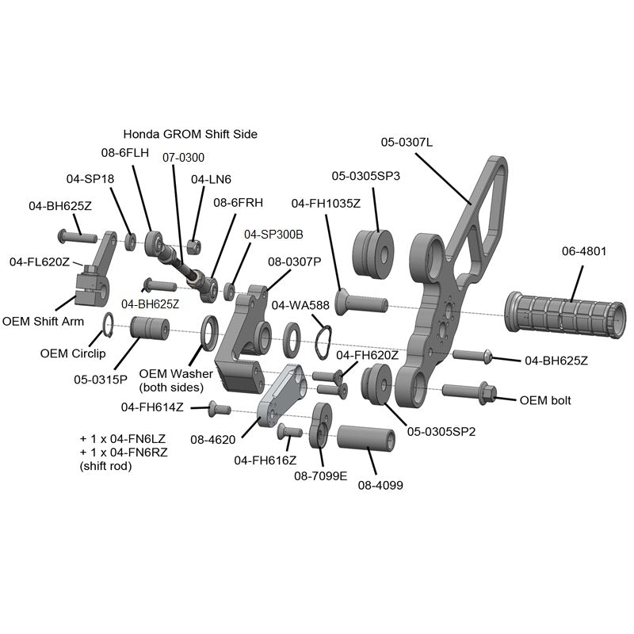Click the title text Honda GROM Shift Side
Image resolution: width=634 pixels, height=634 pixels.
(190, 134)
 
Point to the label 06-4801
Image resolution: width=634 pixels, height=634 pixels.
(584, 251)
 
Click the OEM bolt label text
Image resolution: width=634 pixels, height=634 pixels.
(544, 400)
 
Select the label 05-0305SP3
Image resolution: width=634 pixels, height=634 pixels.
(365, 176)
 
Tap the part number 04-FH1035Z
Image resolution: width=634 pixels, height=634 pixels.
(326, 203)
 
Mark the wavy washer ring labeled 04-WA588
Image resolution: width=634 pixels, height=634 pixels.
(323, 342)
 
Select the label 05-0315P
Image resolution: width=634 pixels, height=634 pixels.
(101, 379)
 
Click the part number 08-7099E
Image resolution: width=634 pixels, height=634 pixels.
(321, 476)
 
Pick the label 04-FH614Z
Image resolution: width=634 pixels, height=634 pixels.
(152, 407)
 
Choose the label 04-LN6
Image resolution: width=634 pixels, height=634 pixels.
(211, 179)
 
